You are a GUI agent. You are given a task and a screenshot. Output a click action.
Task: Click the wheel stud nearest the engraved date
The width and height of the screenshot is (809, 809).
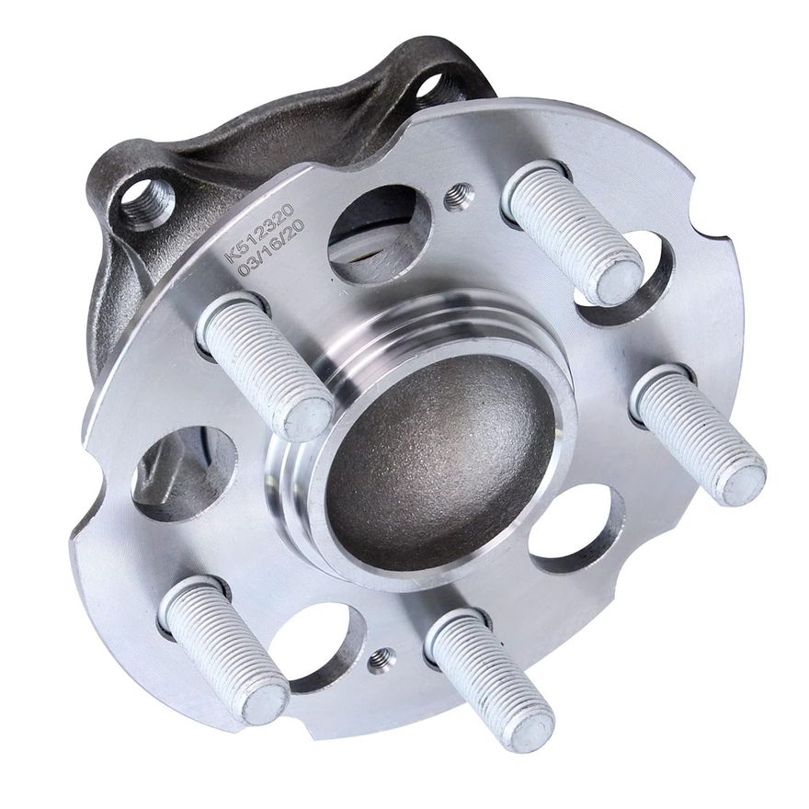[x=267, y=363]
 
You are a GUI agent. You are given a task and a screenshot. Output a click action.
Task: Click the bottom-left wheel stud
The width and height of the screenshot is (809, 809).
[x=225, y=648]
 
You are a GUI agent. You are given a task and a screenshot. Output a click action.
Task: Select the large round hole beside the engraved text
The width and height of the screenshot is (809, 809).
[x=377, y=234]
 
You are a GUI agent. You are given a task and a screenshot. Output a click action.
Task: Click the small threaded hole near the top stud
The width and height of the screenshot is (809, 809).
[x=458, y=195]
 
